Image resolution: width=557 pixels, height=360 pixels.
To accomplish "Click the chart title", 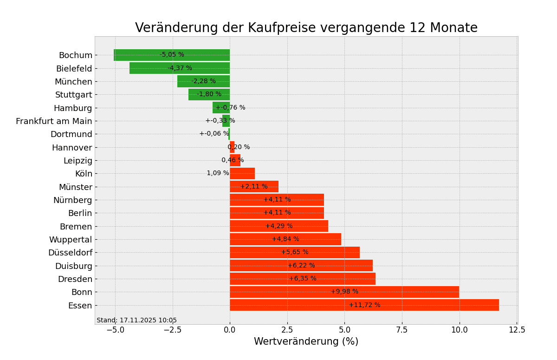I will pos(306,28).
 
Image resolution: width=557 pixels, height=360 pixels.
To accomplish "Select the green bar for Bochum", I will pos(139,55).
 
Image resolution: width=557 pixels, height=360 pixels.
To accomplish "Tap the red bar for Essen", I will pos(325,305).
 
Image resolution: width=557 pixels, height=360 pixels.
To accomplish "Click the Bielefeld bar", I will pos(149,68).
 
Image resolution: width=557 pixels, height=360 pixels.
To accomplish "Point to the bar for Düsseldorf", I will pos(260,253).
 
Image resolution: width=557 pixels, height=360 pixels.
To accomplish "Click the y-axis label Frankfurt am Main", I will pos(54,121).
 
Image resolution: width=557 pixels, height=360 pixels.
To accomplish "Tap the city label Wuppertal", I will pos(71,240).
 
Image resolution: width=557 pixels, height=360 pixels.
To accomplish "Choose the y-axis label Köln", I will pos(84,174).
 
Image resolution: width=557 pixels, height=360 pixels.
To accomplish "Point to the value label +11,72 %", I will pos(364,305).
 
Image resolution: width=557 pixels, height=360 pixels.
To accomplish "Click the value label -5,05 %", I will pos(172,55).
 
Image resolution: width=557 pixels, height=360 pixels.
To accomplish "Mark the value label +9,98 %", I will pos(344,292).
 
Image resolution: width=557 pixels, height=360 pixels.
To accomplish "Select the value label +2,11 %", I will pos(253,187).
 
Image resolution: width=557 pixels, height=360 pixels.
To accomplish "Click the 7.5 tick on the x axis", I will pos(402,330).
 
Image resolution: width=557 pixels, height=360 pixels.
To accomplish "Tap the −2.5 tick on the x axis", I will pos(172,330).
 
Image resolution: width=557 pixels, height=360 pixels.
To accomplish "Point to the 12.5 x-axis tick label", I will pos(517,330).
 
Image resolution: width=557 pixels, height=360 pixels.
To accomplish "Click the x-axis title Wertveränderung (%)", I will pos(306,342).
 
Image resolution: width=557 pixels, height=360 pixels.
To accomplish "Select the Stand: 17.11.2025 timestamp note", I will pos(136,321).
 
